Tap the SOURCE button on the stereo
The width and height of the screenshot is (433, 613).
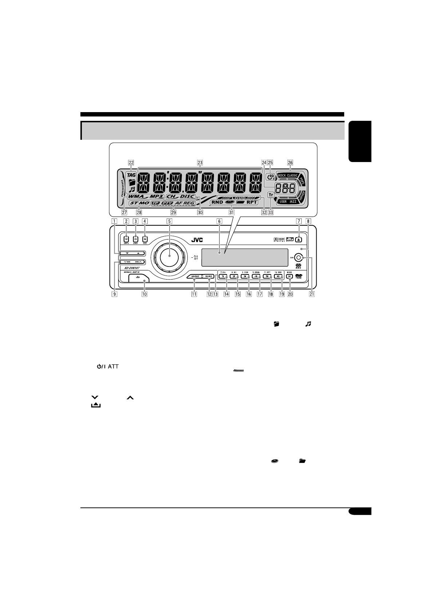(x=195, y=276)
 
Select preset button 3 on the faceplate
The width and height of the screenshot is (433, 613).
(x=245, y=276)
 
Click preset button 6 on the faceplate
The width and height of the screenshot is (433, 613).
(x=278, y=276)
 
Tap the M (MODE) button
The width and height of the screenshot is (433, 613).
(x=290, y=276)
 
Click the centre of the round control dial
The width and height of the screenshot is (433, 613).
(x=169, y=256)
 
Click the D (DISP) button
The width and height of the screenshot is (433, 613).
(x=135, y=239)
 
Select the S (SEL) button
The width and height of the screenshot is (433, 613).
(x=145, y=239)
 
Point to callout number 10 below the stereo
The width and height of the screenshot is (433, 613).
(x=144, y=294)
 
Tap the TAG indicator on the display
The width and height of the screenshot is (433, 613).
(x=131, y=175)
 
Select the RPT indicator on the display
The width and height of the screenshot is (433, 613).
(x=252, y=202)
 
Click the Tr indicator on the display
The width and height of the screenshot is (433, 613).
(x=270, y=195)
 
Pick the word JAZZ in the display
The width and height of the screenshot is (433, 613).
(x=293, y=201)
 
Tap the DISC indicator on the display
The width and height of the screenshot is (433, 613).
(x=187, y=197)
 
